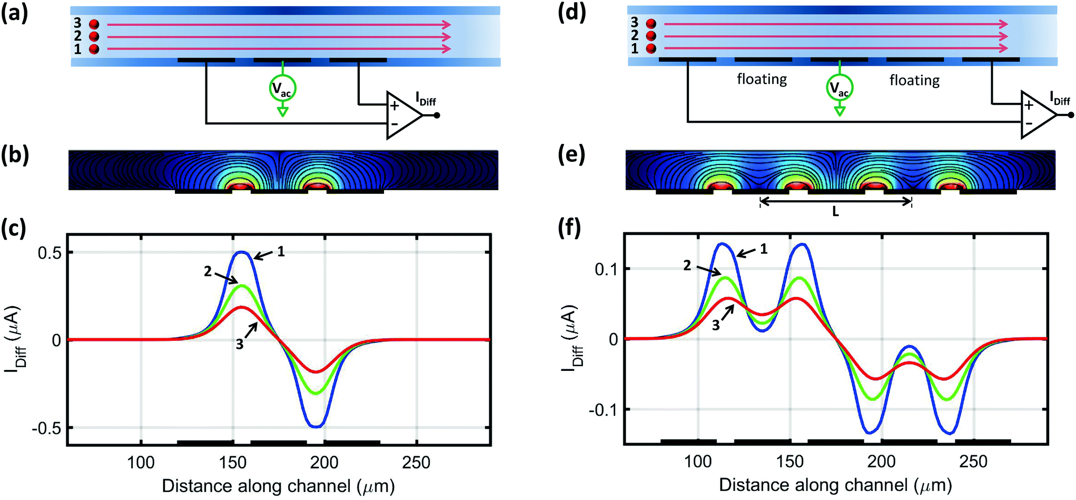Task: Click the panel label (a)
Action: (x=14, y=13)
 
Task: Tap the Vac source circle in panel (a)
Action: (x=283, y=89)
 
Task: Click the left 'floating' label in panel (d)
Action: (x=762, y=79)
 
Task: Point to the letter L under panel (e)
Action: (x=835, y=212)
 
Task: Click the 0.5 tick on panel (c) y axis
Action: (x=49, y=253)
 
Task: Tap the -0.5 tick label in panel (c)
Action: (x=46, y=428)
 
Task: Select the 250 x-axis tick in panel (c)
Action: (x=416, y=463)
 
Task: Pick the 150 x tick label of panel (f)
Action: (x=790, y=462)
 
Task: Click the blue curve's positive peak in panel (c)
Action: (x=241, y=252)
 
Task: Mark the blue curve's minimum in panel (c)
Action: (x=315, y=427)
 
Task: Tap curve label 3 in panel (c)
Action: (x=240, y=345)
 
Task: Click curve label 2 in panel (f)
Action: (x=687, y=266)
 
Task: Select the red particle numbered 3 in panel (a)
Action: (x=94, y=24)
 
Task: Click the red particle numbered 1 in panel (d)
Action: (x=651, y=48)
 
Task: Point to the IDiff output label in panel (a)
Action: (x=426, y=99)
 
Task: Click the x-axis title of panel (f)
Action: (x=835, y=485)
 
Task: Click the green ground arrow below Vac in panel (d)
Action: (x=840, y=111)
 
